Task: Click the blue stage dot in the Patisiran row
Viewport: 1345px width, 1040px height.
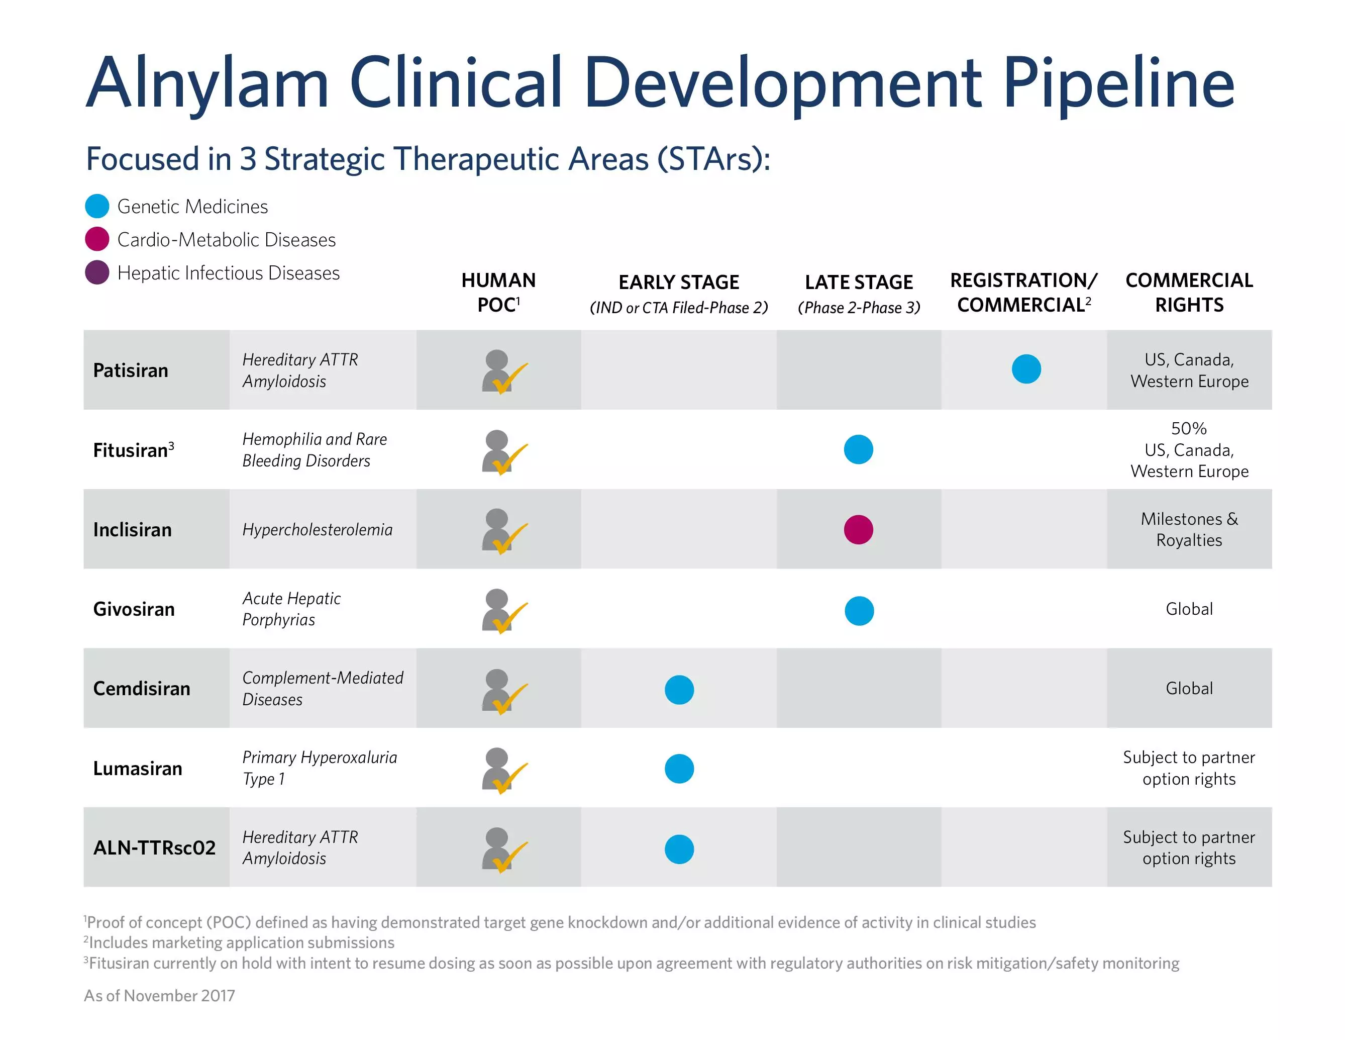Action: click(x=1026, y=369)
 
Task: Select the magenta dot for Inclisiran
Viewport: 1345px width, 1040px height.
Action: click(x=859, y=529)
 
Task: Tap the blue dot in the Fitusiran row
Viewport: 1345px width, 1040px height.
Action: click(x=859, y=449)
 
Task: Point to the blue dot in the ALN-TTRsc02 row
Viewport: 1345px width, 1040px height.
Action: click(x=679, y=849)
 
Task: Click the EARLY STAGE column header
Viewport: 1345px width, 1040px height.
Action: click(x=679, y=282)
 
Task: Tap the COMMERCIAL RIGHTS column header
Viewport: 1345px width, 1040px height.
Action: click(x=1189, y=292)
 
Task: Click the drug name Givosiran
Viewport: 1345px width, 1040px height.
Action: click(x=134, y=609)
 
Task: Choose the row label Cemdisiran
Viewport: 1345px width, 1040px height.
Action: click(x=142, y=688)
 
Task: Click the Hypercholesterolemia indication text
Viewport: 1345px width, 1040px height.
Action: click(x=317, y=530)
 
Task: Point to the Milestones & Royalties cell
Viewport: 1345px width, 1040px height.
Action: click(x=1189, y=529)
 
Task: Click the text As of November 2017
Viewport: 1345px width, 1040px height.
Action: click(x=159, y=996)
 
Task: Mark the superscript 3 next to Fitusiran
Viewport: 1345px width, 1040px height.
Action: click(x=171, y=445)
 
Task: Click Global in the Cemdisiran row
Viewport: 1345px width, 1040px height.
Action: click(x=1189, y=688)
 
